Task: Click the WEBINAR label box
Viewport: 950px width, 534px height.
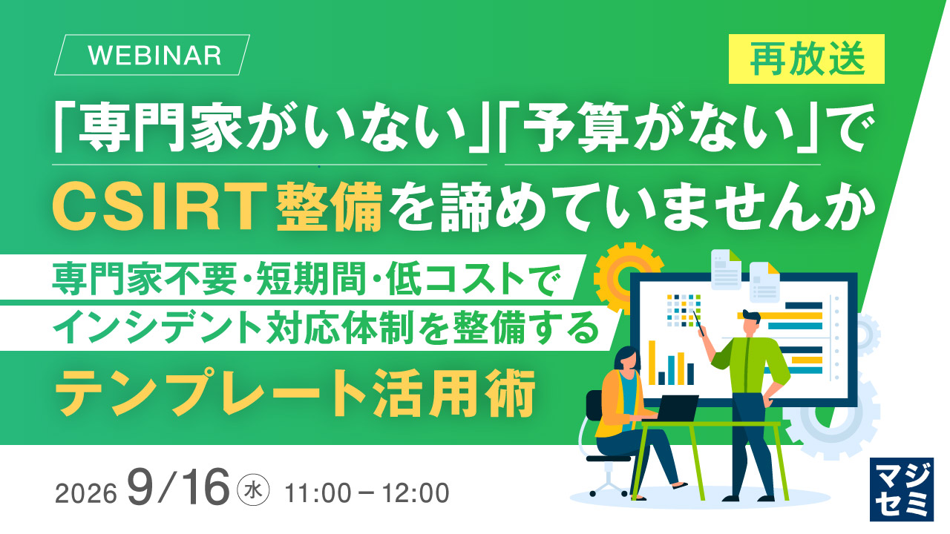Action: click(152, 55)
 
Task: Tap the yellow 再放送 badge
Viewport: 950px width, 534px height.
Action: click(807, 59)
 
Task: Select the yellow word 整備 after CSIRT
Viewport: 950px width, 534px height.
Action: click(329, 208)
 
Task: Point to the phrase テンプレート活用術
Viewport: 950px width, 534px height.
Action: click(295, 393)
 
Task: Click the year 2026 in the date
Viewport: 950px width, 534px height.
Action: click(85, 494)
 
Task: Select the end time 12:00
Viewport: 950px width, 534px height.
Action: click(416, 493)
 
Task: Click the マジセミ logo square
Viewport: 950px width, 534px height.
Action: click(901, 489)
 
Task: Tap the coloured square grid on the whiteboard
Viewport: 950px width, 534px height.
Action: click(684, 310)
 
